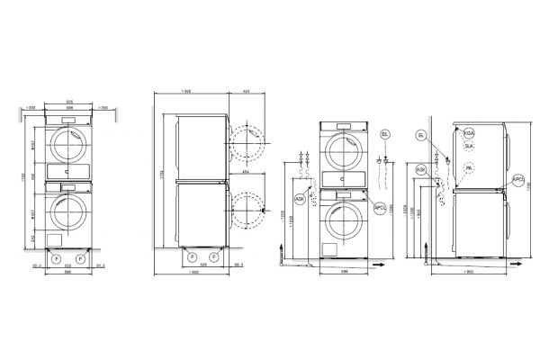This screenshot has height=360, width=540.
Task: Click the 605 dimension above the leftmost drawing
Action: pos(70,102)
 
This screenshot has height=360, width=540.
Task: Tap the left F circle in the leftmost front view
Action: pos(57,258)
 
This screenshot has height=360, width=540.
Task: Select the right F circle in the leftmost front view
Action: pos(82,258)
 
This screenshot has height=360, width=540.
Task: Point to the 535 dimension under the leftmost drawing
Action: pos(69,266)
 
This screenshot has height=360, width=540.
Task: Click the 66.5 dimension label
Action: pos(239,265)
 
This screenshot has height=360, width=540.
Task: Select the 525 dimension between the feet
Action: pos(204,266)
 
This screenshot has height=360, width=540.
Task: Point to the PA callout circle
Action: pos(469,167)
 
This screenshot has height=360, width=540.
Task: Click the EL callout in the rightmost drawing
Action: pos(421,134)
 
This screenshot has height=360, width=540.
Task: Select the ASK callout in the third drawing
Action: pos(300,199)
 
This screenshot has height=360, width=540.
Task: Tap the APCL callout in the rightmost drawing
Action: pos(517,181)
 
